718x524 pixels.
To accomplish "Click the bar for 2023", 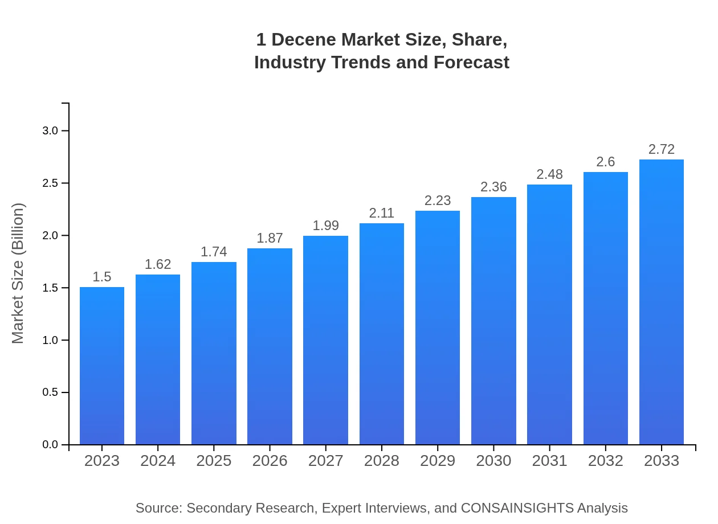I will pyautogui.click(x=102, y=366).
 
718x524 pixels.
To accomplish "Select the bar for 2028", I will pyautogui.click(x=382, y=334).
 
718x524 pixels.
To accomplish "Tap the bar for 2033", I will pyautogui.click(x=661, y=302).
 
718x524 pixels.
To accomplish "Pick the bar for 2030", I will pyautogui.click(x=493, y=321).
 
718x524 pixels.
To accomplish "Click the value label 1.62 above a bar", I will pyautogui.click(x=158, y=264).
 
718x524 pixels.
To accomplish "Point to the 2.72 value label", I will pyautogui.click(x=661, y=149).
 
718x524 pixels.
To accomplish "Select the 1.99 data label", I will pyautogui.click(x=326, y=226).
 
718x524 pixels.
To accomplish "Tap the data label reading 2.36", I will pyautogui.click(x=493, y=187).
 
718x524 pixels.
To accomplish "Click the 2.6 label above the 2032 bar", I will pyautogui.click(x=605, y=162).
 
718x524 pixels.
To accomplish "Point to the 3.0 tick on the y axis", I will pyautogui.click(x=51, y=131).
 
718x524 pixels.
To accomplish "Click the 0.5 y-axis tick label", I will pyautogui.click(x=51, y=392).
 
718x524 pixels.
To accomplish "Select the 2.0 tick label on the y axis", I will pyautogui.click(x=51, y=236).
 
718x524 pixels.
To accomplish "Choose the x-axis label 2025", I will pyautogui.click(x=214, y=461).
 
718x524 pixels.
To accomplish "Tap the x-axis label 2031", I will pyautogui.click(x=549, y=461).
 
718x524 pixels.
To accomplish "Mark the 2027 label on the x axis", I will pyautogui.click(x=326, y=461).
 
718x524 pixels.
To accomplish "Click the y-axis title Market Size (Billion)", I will pyautogui.click(x=18, y=273).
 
